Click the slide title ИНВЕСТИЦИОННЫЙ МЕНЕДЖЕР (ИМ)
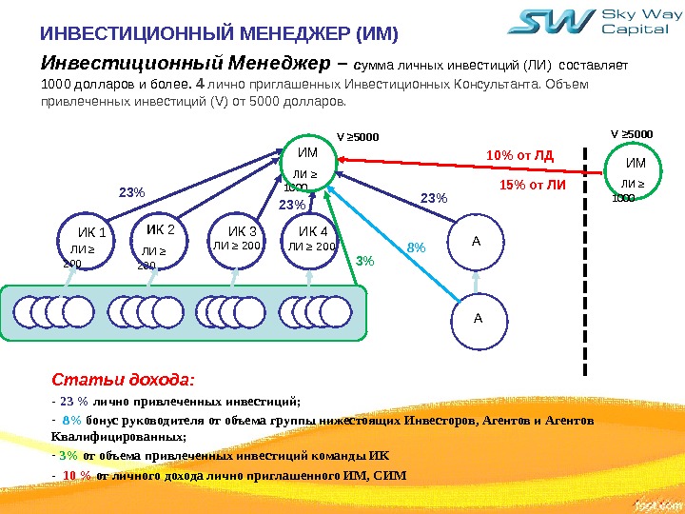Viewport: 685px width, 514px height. tap(218, 36)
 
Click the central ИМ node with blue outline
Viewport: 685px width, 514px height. tap(308, 168)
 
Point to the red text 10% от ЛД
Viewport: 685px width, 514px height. tap(519, 155)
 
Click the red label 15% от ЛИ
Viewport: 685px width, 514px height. tap(532, 184)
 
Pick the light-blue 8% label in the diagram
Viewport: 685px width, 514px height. tap(416, 247)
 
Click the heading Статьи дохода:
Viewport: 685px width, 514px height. tap(117, 381)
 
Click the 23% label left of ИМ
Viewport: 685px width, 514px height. tap(132, 192)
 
